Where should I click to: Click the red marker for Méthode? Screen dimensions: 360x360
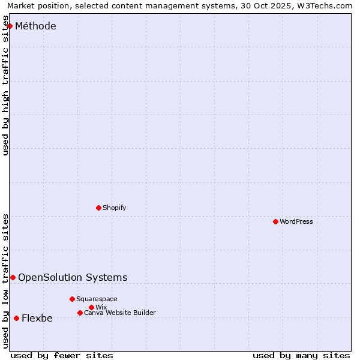tap(10, 26)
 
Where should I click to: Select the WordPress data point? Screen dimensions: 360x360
tap(275, 221)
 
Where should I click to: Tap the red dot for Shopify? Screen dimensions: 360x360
tap(98, 208)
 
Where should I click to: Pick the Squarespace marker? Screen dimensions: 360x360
tap(72, 299)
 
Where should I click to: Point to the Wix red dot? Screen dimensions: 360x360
tap(91, 307)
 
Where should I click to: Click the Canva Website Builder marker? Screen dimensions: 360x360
tap(80, 313)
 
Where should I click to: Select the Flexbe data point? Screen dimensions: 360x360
tap(16, 318)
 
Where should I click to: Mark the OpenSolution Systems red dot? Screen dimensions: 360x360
tap(13, 277)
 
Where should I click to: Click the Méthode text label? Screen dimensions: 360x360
tap(35, 26)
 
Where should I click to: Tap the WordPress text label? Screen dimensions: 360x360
tap(296, 221)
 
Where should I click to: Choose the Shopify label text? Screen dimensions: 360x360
tap(114, 208)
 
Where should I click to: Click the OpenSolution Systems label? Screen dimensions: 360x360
tap(73, 277)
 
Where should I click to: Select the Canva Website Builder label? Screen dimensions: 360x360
tap(120, 313)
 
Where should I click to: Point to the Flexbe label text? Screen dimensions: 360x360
tap(37, 319)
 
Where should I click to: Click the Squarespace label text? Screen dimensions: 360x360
tap(97, 299)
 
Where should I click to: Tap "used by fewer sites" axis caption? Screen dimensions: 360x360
tap(62, 355)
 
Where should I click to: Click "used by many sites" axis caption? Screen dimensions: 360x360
tap(301, 355)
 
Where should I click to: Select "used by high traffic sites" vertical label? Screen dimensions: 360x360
tap(6, 85)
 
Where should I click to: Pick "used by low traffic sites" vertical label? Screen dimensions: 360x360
tap(6, 281)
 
